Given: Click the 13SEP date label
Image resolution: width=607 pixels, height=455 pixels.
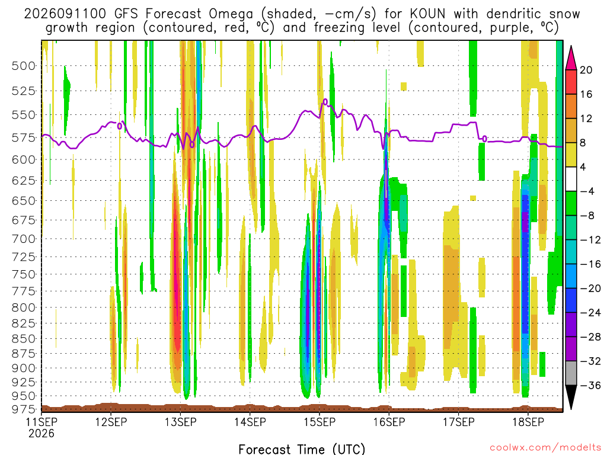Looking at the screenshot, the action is pyautogui.click(x=180, y=422).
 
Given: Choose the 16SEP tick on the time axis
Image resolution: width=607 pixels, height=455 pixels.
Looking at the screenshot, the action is pyautogui.click(x=389, y=422).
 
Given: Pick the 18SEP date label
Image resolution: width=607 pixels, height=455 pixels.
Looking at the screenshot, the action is pyautogui.click(x=528, y=422).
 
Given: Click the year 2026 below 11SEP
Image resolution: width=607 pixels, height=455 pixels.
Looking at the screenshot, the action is pyautogui.click(x=41, y=434).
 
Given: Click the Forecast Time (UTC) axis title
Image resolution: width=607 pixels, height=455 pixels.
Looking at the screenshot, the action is pyautogui.click(x=302, y=449).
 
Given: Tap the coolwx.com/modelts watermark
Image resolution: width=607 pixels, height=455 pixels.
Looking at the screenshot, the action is pyautogui.click(x=545, y=448).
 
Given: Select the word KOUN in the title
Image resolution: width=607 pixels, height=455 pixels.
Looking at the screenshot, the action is pyautogui.click(x=427, y=14).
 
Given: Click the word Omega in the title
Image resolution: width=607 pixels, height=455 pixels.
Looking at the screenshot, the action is pyautogui.click(x=231, y=15).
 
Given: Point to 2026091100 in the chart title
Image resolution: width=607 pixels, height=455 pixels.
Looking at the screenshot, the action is pyautogui.click(x=65, y=14).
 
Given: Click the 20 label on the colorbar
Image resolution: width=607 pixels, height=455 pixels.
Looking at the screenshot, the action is pyautogui.click(x=586, y=70).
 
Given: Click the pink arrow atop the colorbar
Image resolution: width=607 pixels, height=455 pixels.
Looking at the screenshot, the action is pyautogui.click(x=571, y=58).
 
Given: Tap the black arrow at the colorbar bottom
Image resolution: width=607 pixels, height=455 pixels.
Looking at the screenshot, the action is pyautogui.click(x=571, y=397).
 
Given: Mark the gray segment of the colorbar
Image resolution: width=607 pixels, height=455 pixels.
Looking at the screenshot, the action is pyautogui.click(x=571, y=373).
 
